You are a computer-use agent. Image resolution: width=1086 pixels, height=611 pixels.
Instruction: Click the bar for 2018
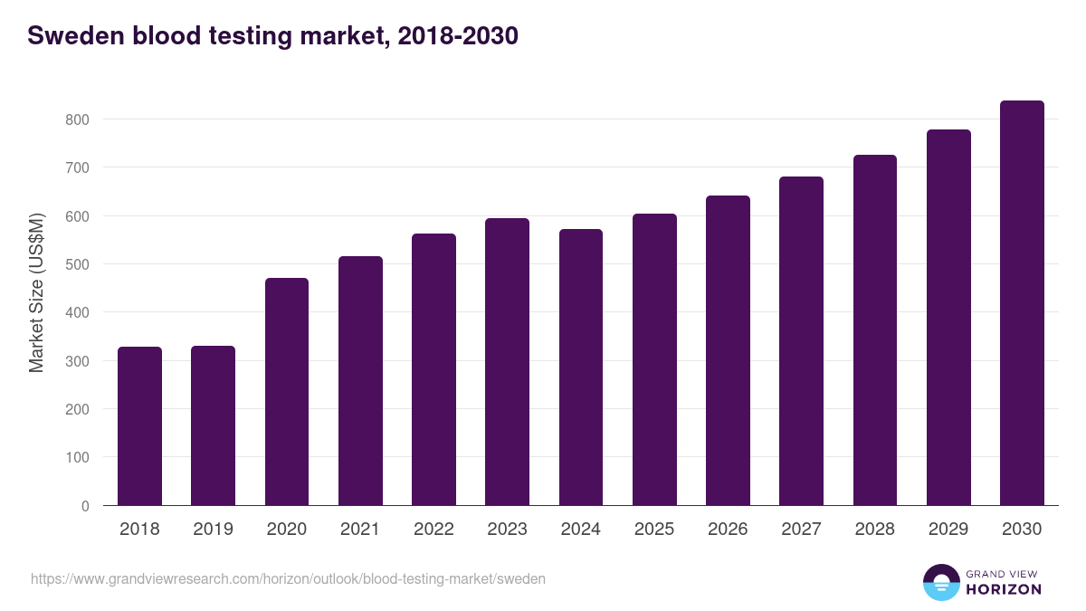(x=139, y=425)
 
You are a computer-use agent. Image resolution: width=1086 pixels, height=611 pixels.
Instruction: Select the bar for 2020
(x=287, y=391)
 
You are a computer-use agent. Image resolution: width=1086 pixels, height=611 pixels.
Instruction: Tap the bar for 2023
(x=507, y=361)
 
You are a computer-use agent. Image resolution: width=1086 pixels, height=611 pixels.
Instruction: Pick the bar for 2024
(x=581, y=367)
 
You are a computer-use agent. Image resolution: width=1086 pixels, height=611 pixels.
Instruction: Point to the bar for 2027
(x=801, y=340)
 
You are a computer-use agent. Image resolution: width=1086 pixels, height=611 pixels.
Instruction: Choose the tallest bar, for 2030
(x=1022, y=302)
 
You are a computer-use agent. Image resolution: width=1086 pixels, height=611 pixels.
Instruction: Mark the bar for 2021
(x=360, y=380)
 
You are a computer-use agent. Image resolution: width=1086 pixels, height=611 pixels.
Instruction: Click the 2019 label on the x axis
(x=213, y=530)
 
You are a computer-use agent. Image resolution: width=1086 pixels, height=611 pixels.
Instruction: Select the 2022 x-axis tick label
(x=433, y=530)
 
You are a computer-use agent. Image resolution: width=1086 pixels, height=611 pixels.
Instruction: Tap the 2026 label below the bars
(x=728, y=530)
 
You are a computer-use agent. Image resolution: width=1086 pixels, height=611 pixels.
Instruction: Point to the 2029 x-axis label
(x=948, y=530)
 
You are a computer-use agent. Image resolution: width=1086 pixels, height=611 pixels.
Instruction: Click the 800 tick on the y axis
(x=78, y=119)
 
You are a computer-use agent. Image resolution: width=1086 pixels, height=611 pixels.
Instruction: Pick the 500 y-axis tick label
(x=78, y=264)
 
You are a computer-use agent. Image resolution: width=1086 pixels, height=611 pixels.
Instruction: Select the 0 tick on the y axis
(x=85, y=506)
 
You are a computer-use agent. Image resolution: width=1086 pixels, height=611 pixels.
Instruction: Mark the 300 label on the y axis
(x=78, y=361)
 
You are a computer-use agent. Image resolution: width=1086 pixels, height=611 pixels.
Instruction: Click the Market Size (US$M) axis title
(x=36, y=292)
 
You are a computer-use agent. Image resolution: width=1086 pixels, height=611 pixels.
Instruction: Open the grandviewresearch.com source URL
(x=288, y=578)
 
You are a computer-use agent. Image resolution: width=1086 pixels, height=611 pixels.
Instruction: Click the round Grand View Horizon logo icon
(x=940, y=582)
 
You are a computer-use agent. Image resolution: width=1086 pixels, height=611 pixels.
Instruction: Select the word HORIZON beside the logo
(x=1004, y=589)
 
